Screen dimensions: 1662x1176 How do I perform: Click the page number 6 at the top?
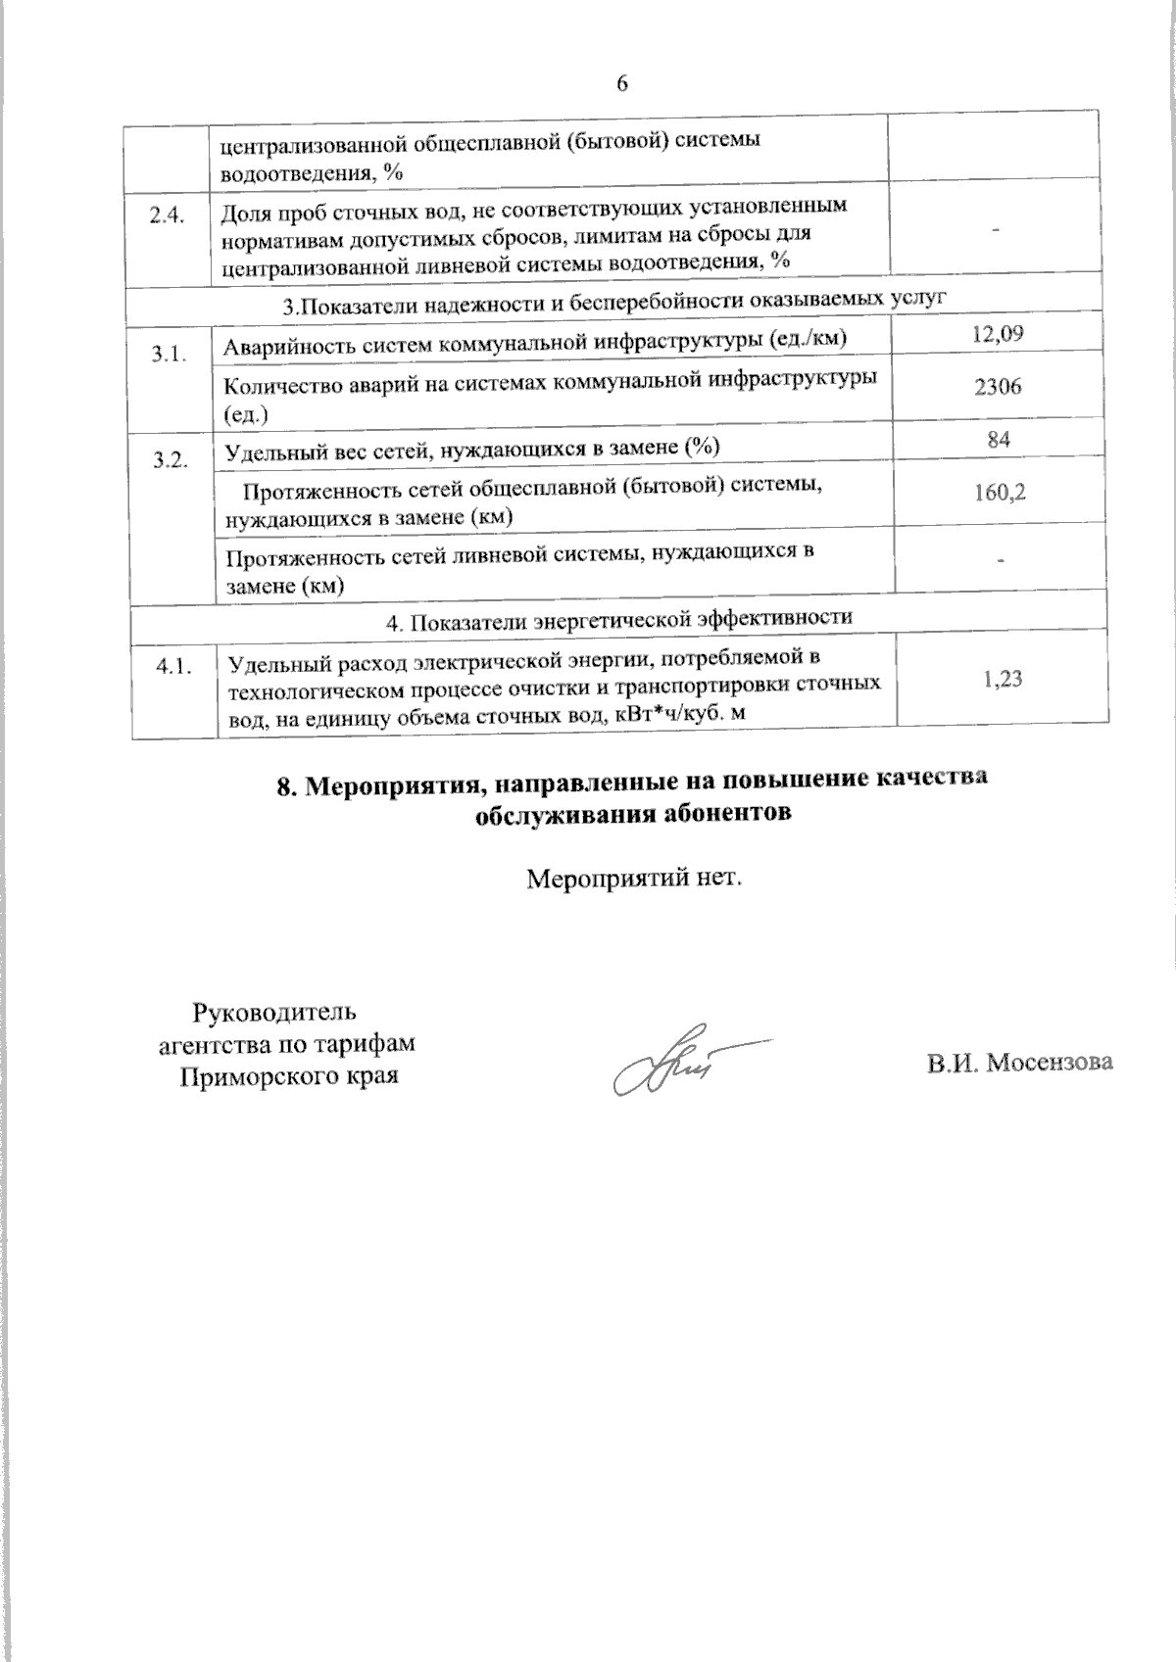(x=620, y=83)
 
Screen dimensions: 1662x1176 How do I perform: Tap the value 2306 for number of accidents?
(x=998, y=386)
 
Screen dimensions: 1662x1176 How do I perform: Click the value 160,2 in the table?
(x=1000, y=492)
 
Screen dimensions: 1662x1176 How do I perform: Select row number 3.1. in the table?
(x=168, y=355)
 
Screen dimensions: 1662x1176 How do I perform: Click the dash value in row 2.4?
(x=998, y=229)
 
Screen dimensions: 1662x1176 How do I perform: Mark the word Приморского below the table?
(x=247, y=1074)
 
